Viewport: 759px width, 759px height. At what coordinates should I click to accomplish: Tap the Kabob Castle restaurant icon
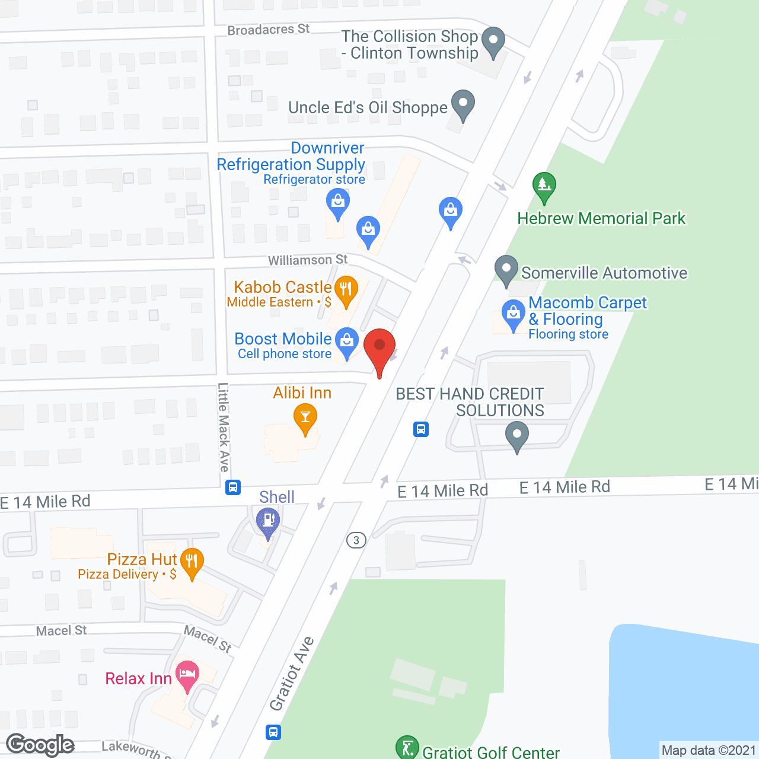[346, 289]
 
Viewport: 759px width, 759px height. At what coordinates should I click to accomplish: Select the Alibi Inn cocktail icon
[305, 417]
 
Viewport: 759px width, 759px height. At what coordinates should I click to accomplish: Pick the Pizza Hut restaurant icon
[192, 560]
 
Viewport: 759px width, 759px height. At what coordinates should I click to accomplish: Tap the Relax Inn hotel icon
[187, 674]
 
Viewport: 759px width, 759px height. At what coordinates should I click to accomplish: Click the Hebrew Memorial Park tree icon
[544, 185]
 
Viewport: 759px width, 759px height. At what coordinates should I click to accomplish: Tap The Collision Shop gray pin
[493, 41]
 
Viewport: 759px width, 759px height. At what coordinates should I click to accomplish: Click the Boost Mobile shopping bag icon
[347, 341]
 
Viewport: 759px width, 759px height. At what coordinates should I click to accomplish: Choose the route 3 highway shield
[356, 540]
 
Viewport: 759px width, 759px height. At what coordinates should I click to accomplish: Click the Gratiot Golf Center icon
[407, 747]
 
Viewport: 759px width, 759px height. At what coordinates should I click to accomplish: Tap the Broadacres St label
[269, 29]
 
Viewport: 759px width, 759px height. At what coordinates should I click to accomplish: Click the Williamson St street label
[308, 260]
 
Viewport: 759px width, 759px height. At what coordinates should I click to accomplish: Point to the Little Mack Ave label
[224, 427]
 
